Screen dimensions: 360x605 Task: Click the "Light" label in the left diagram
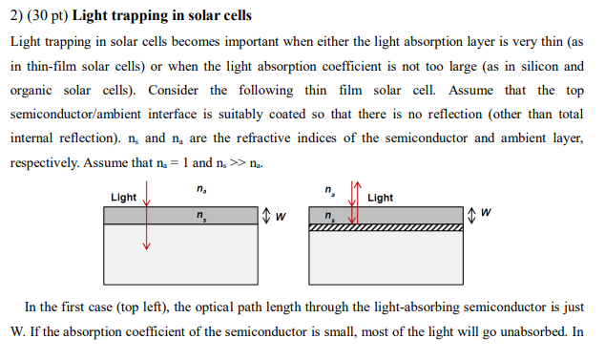tap(123, 198)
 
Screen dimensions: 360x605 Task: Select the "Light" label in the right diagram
tap(380, 199)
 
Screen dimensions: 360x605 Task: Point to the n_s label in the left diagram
tap(198, 216)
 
